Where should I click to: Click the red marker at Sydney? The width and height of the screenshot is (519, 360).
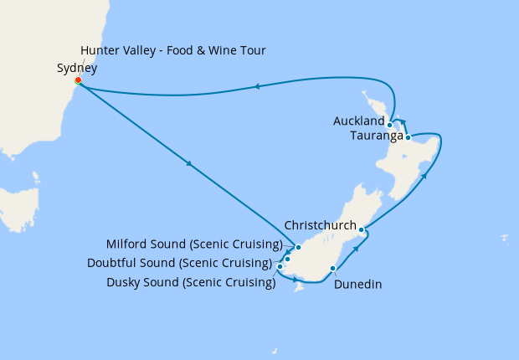tap(78, 81)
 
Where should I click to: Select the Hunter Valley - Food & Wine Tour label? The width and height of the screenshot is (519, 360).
tap(173, 51)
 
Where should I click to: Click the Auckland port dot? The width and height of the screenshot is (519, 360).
tap(390, 125)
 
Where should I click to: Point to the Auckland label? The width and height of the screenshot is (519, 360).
tap(359, 121)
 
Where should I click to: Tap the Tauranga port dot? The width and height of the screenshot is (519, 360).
tap(408, 137)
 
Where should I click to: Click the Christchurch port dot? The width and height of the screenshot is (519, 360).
tap(362, 229)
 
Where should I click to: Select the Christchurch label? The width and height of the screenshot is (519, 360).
tap(320, 226)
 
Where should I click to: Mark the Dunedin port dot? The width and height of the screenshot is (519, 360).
tap(333, 269)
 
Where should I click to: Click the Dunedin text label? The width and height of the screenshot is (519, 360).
tap(357, 285)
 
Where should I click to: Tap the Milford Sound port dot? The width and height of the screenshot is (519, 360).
tap(298, 248)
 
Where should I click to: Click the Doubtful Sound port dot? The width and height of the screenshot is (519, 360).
tap(287, 259)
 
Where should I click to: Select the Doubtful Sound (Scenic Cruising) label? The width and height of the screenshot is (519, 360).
tap(179, 263)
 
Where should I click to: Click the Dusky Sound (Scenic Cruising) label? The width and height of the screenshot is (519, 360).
tap(191, 282)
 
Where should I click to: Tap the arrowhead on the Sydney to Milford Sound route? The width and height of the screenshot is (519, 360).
tap(192, 164)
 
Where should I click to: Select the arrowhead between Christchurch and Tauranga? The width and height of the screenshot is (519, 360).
tap(426, 177)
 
